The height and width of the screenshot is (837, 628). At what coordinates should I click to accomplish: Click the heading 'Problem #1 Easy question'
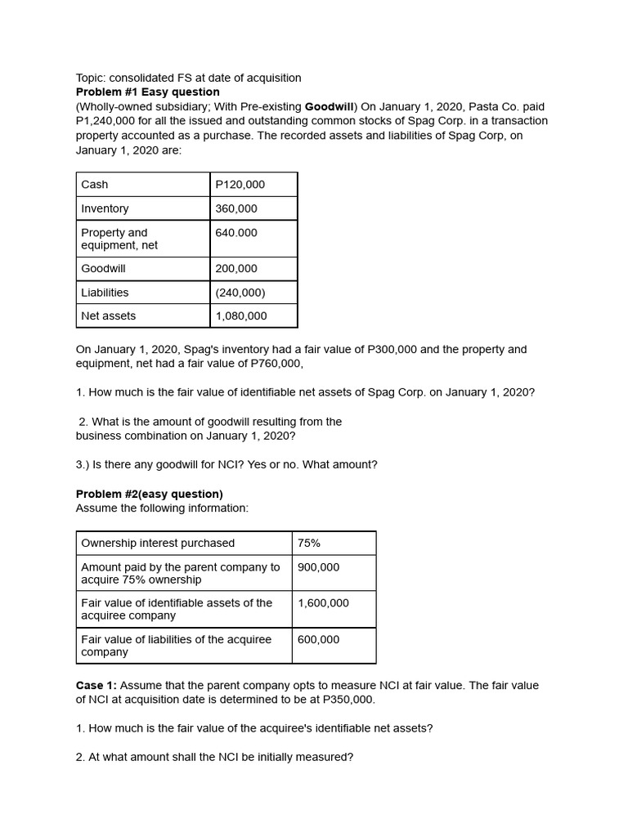147,92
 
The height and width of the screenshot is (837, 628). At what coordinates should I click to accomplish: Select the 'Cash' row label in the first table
95,185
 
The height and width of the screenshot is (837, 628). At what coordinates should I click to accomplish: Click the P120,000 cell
240,185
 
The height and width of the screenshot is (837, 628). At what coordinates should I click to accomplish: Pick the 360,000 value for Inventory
235,208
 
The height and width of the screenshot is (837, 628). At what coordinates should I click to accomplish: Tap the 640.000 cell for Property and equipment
235,233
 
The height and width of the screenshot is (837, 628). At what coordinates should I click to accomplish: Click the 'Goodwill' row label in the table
103,268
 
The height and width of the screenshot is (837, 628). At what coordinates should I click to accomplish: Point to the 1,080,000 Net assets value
240,316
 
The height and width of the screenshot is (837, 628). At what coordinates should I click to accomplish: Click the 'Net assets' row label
109,316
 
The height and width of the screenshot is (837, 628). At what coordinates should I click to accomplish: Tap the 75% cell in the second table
309,543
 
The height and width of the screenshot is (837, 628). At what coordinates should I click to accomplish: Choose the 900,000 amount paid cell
318,567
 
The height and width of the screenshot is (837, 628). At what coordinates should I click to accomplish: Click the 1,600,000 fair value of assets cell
323,603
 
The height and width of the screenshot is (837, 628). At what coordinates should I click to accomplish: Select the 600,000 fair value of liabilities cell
318,639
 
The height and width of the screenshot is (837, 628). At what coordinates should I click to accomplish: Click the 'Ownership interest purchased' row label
158,543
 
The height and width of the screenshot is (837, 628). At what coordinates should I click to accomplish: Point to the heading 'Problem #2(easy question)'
149,494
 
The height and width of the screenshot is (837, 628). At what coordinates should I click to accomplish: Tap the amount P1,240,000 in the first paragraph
109,121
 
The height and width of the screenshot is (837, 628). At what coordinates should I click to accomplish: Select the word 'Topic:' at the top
92,78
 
